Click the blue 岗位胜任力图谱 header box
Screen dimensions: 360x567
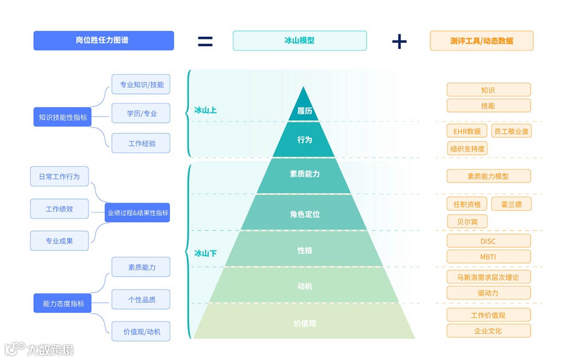click(x=103, y=40)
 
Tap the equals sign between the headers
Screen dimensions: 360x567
click(x=205, y=41)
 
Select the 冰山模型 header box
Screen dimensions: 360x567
click(x=299, y=40)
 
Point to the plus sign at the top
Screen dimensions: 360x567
click(x=400, y=41)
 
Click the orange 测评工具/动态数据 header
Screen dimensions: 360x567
click(x=481, y=40)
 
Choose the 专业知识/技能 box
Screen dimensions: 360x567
click(x=141, y=84)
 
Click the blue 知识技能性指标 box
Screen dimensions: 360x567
click(x=63, y=118)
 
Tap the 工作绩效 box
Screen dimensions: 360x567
click(x=59, y=209)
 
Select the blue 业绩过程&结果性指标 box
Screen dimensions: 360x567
click(x=138, y=213)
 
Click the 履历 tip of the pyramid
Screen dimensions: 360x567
click(x=304, y=110)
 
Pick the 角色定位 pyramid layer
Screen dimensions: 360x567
click(x=304, y=214)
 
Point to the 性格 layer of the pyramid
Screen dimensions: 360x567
click(x=304, y=250)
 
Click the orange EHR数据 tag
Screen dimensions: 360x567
click(x=467, y=131)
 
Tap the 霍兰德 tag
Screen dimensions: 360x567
click(x=511, y=204)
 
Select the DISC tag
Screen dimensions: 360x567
click(x=488, y=241)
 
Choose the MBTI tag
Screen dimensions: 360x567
click(x=488, y=257)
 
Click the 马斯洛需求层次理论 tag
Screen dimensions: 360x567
click(x=488, y=277)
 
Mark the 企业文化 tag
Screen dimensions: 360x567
click(x=488, y=331)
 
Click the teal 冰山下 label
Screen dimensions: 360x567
click(x=205, y=253)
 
